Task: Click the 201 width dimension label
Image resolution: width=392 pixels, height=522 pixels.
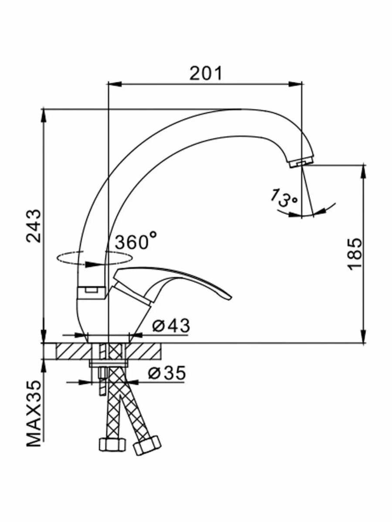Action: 206,74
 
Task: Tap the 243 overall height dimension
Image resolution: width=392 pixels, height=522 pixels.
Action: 34,226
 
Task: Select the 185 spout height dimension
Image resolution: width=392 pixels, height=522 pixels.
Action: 355,254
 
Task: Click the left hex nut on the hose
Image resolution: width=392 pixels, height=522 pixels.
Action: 112,449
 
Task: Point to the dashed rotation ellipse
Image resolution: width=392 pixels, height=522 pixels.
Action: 94,258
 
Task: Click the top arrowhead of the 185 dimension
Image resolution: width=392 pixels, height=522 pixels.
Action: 364,171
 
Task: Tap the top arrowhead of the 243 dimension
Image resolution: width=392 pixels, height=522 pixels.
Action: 44,116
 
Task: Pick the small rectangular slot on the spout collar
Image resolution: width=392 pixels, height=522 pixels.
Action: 91,290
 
